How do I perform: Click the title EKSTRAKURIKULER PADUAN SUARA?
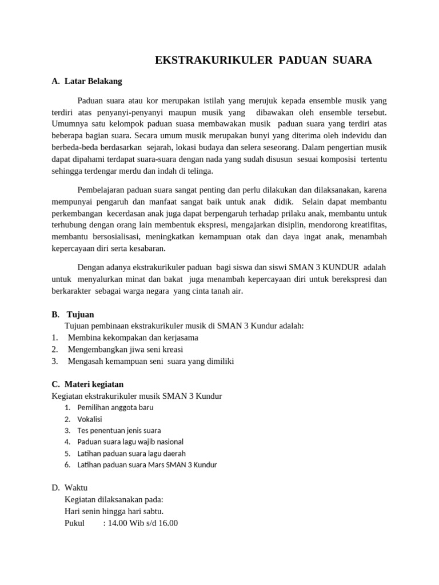263,61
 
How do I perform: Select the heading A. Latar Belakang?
87,81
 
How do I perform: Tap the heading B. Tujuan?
73,314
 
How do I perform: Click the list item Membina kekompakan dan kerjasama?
133,337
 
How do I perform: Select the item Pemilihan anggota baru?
115,407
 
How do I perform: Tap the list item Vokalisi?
90,419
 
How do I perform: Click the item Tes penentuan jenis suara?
119,430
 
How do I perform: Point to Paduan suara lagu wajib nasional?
130,442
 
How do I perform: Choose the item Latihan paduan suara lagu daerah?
131,453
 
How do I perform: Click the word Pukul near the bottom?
75,523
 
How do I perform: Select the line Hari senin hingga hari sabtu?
114,511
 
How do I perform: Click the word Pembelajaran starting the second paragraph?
102,190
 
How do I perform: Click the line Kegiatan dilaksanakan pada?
114,499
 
